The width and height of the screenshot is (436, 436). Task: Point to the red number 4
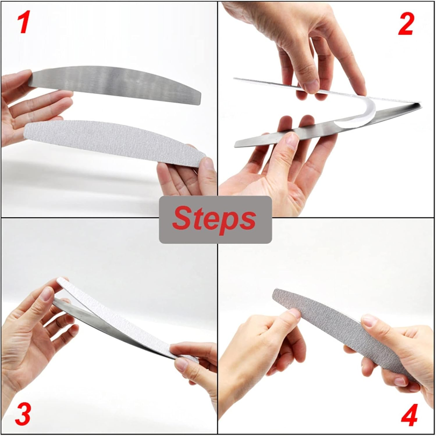409,413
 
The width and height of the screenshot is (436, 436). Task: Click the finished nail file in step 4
334,328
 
